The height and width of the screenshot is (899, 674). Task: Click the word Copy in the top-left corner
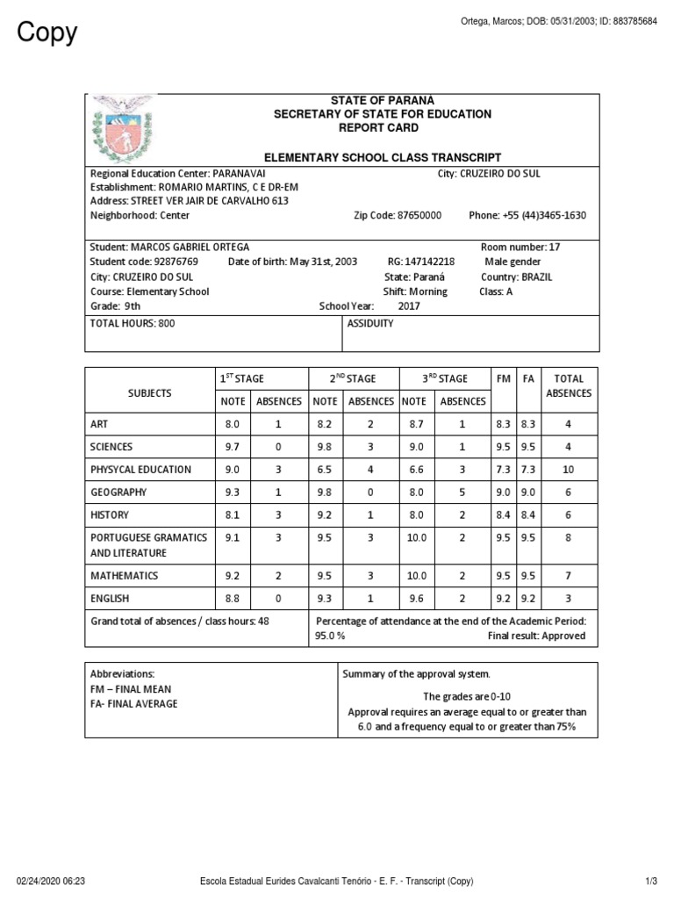click(x=47, y=32)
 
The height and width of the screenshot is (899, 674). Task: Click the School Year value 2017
click(x=409, y=306)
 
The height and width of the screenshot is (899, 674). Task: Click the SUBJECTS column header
click(x=149, y=393)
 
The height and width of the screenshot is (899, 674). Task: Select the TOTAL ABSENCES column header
click(x=569, y=386)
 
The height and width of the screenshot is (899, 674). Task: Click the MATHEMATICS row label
click(x=124, y=576)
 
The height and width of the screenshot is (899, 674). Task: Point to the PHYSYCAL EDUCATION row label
click(x=140, y=470)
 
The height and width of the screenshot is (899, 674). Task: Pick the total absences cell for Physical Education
click(x=569, y=470)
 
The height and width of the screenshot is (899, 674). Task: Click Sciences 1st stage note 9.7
click(x=233, y=447)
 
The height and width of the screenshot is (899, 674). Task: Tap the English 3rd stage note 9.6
click(x=416, y=599)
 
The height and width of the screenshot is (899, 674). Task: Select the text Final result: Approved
click(x=536, y=636)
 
